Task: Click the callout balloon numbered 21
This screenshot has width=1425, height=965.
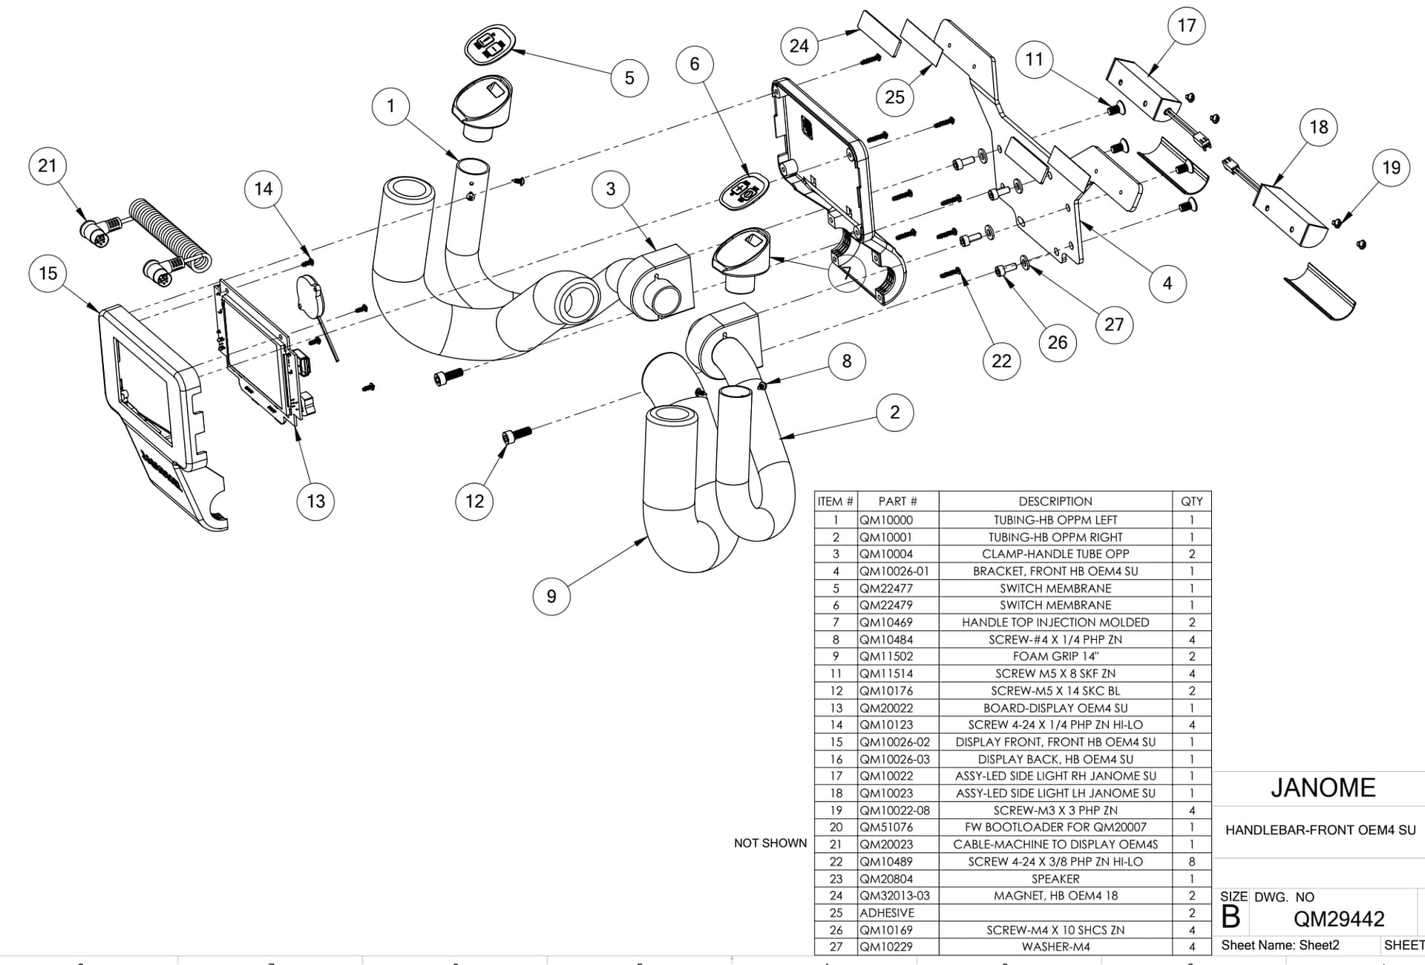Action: [47, 166]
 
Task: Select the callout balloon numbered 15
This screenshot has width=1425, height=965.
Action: [48, 273]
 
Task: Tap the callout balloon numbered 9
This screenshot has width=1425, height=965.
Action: [551, 596]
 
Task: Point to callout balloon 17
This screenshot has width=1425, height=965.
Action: [1187, 26]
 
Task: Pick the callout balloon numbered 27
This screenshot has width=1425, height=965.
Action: [1114, 324]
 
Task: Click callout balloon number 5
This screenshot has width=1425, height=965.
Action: [629, 78]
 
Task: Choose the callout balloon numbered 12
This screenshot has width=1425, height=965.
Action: [474, 501]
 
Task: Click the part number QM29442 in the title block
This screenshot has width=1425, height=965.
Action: [1339, 919]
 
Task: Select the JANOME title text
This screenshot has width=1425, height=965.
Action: [1323, 788]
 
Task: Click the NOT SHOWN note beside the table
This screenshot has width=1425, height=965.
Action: [770, 843]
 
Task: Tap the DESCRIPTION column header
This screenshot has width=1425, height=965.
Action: [1055, 501]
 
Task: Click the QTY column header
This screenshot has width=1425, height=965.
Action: [1192, 501]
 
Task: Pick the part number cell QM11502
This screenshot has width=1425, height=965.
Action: [886, 656]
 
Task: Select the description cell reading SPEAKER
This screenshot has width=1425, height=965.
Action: [1055, 879]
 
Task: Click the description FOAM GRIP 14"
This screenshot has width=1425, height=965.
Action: [1055, 656]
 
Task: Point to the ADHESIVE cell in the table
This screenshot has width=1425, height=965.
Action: [887, 913]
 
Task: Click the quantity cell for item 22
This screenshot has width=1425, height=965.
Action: [1192, 862]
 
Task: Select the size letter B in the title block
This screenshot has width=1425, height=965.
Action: [1231, 918]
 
